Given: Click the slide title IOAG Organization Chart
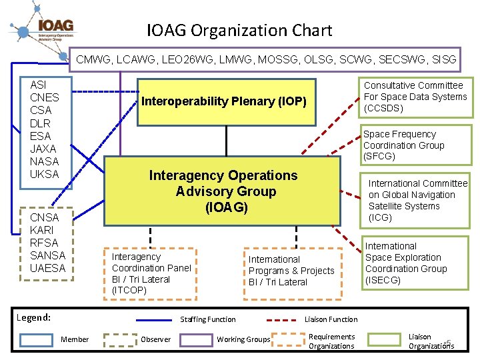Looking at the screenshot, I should pos(239,30).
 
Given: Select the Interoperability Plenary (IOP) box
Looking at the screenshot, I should pos(225,102).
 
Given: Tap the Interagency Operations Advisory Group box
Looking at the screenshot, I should pos(223,191).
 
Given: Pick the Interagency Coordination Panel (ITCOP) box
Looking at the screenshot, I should pos(151,273).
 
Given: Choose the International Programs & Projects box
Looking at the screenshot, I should pos(291,271).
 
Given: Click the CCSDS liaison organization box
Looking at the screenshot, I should pos(415,97).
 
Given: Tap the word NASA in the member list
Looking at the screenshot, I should pos(45,161).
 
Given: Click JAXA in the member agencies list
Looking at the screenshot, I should pos(44,149).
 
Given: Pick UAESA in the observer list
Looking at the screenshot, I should pos(48,268).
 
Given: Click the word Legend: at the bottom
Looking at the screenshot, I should pos(33,317).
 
